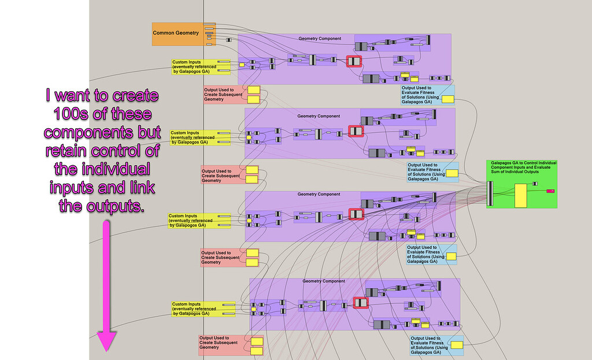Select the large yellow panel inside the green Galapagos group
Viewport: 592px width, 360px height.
coord(520,196)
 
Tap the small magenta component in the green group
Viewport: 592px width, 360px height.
coord(550,190)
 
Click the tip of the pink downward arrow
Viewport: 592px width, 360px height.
coord(106,348)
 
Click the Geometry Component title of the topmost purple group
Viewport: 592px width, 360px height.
coord(320,39)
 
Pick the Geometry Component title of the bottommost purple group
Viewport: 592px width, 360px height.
coord(324,281)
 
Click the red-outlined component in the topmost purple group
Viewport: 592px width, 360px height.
coord(353,61)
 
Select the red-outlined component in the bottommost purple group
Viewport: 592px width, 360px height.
coord(361,303)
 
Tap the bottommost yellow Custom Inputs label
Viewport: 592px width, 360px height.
coord(195,309)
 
